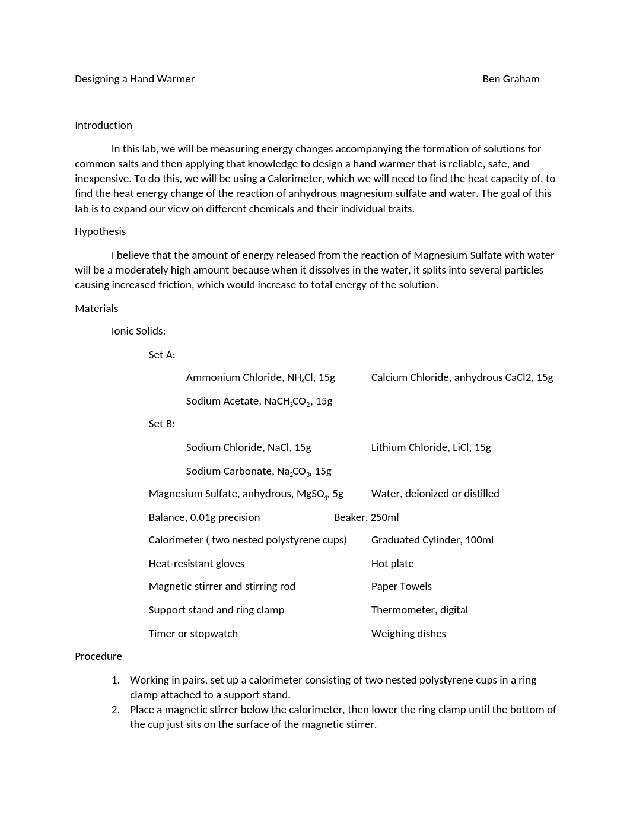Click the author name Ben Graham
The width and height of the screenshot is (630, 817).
511,79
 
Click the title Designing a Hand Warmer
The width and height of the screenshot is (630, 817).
135,79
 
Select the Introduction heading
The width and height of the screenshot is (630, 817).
103,125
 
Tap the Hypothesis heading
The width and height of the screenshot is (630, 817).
100,231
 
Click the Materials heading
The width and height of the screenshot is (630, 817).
97,309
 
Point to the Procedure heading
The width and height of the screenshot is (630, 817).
98,656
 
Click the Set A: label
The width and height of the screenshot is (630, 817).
162,355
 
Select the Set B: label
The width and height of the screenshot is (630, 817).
162,424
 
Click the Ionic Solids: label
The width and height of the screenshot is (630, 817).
138,331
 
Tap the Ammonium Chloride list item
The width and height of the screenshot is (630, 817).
260,377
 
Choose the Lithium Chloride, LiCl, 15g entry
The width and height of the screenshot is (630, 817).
431,447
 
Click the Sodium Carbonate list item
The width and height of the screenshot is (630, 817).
259,471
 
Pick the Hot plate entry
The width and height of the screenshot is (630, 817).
392,564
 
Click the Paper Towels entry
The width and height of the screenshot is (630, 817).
401,586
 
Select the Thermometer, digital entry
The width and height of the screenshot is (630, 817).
419,610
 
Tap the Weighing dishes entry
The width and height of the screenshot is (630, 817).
408,634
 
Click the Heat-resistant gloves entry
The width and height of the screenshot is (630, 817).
196,564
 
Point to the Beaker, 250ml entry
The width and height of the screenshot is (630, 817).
366,517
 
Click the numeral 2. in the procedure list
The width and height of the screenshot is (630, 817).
116,710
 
